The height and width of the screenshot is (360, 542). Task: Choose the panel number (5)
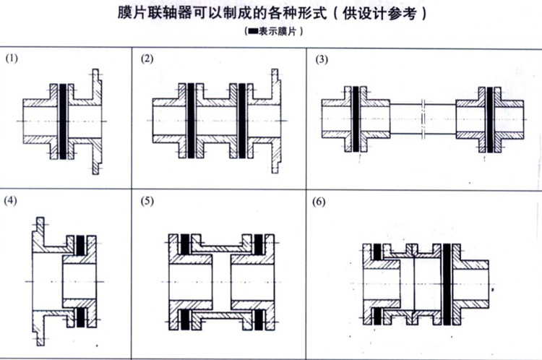147,200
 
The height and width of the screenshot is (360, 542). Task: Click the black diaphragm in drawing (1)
64,120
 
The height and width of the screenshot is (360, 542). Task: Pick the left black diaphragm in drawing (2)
191,120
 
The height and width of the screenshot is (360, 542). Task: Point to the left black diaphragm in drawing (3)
356,120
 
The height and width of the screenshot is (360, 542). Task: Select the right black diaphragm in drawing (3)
491,120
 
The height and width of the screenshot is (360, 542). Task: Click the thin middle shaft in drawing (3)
423,120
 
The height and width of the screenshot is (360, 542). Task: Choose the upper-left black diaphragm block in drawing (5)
186,244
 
